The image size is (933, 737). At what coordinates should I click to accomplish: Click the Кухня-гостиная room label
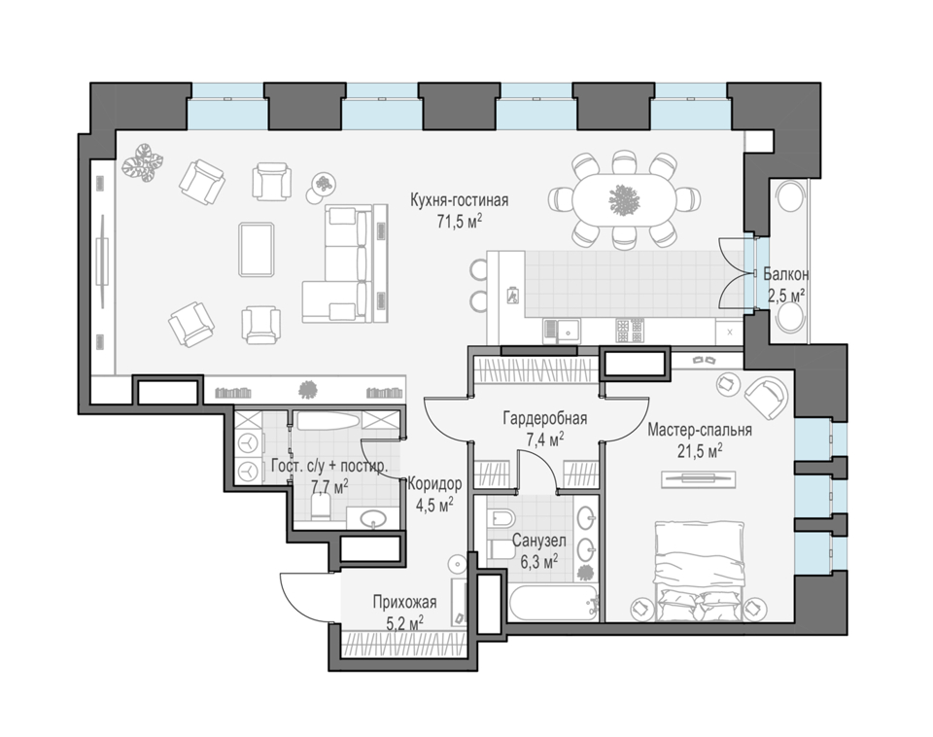point(460,200)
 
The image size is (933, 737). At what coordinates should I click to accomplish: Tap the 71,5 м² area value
point(460,222)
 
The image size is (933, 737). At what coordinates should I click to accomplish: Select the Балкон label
point(786,274)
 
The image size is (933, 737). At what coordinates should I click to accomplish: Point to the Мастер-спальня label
point(700,430)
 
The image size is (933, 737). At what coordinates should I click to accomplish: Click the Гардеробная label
point(545,418)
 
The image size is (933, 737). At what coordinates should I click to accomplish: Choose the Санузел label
point(539,541)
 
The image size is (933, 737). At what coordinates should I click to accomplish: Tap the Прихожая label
point(404,602)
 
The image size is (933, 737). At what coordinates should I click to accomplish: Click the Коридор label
point(434,484)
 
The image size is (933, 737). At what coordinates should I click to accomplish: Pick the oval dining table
point(624,199)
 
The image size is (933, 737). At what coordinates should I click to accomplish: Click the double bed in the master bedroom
point(700,571)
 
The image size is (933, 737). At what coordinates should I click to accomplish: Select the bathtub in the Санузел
point(553,603)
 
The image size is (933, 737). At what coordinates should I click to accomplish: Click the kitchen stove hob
point(630,331)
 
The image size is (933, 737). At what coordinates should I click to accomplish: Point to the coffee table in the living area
point(257,250)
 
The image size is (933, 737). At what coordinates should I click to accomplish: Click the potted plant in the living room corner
point(143,162)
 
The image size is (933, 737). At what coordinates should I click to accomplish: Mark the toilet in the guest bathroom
point(320,508)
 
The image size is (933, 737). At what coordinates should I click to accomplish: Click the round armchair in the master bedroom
point(767,397)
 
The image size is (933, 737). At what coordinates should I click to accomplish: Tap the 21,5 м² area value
point(700,452)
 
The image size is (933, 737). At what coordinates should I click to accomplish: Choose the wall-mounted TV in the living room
point(103,259)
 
